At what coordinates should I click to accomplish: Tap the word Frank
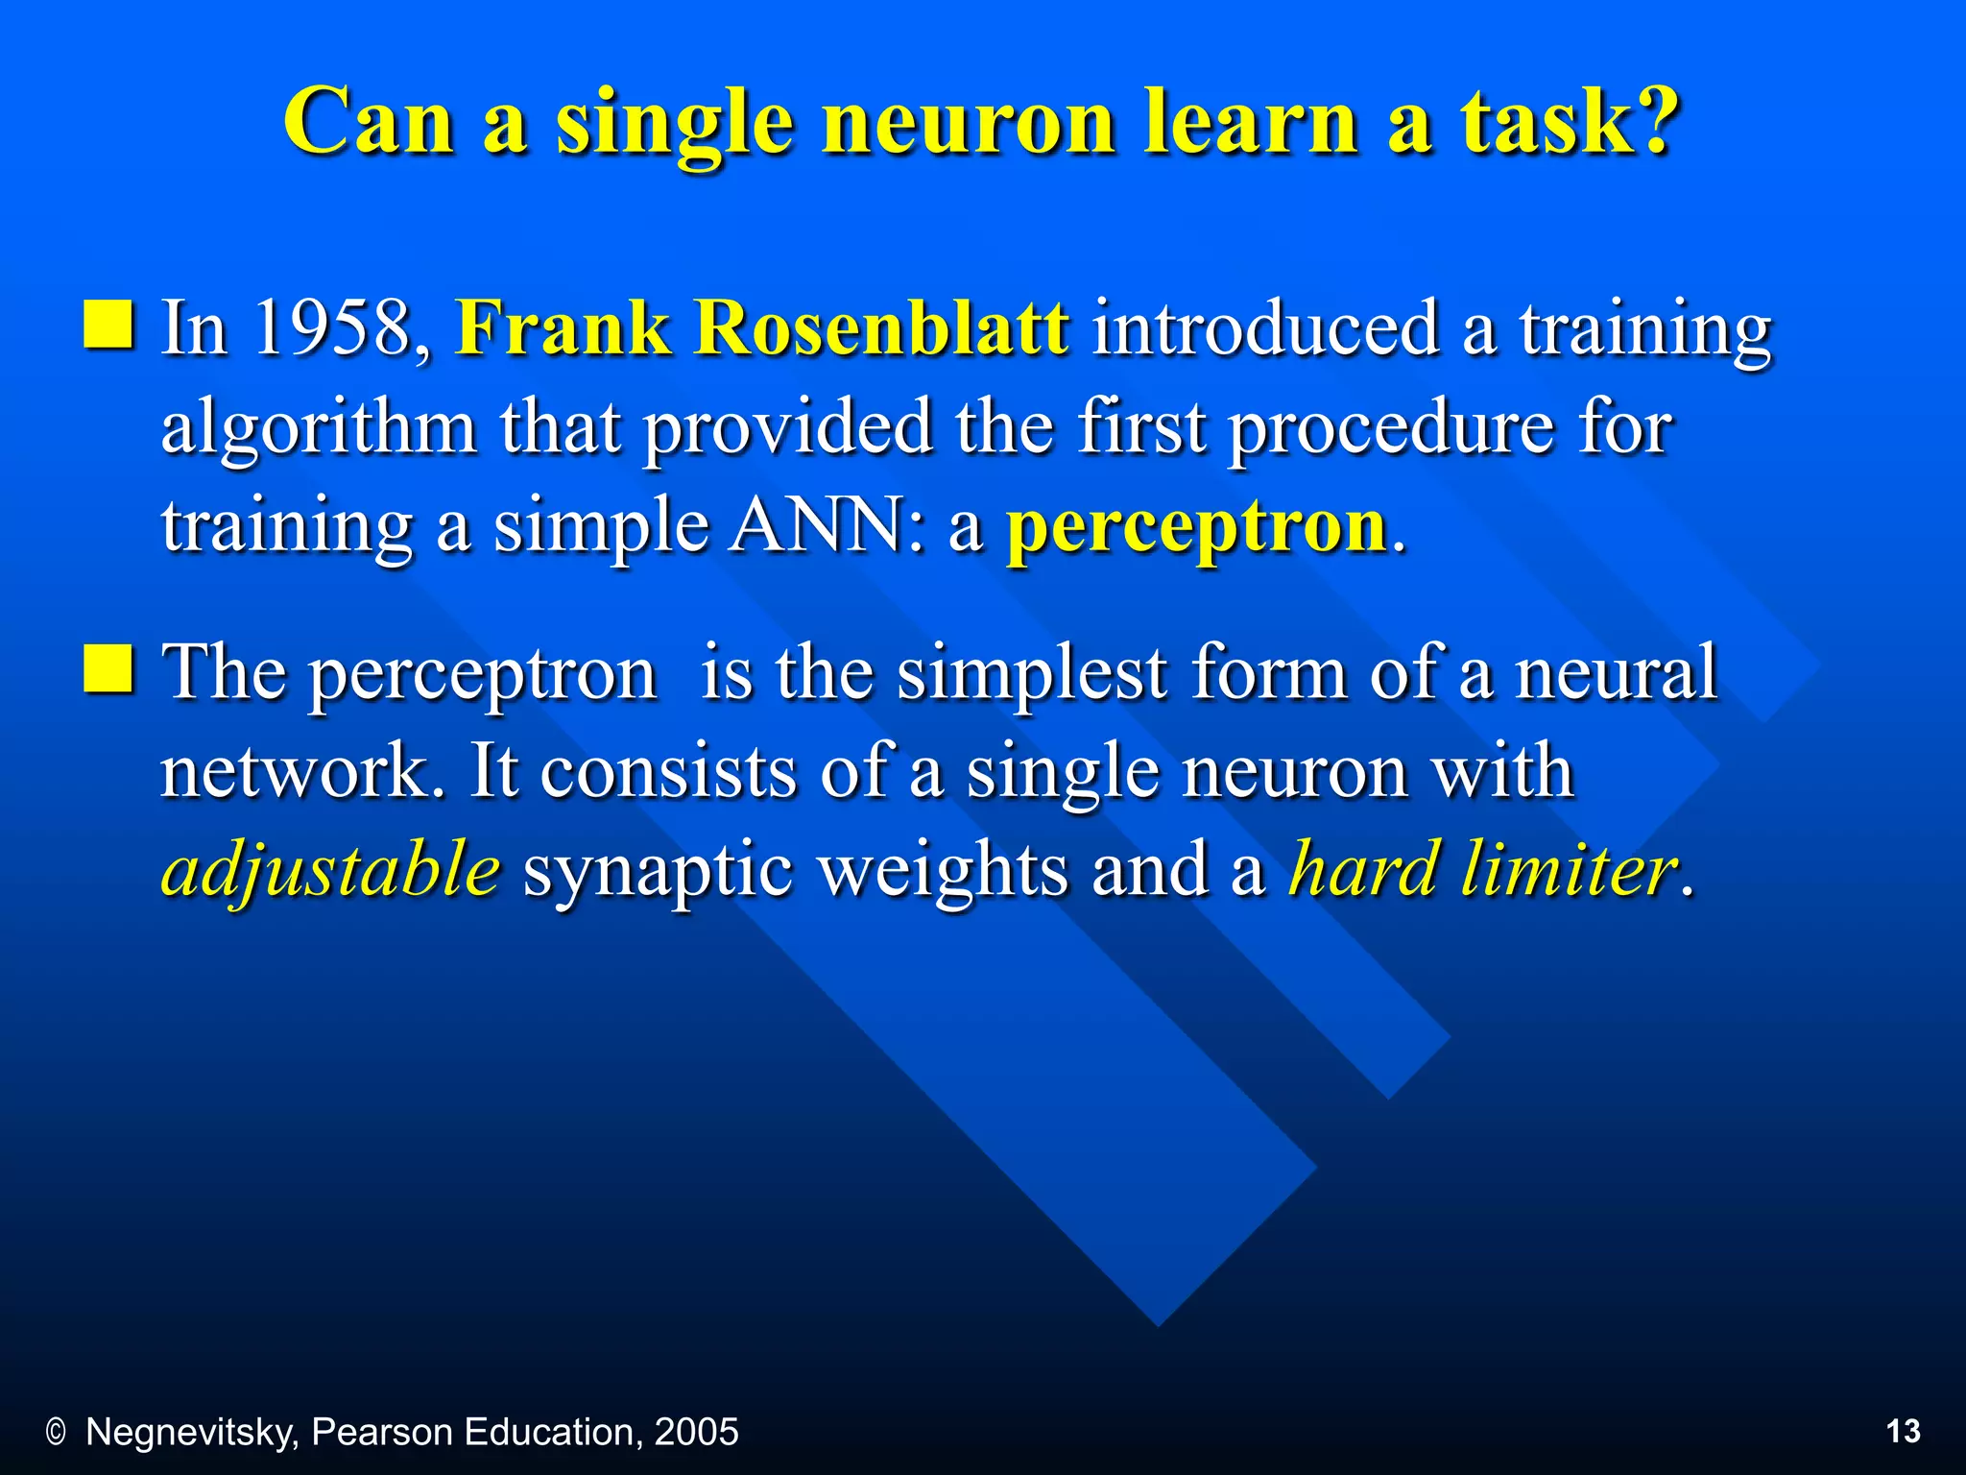point(563,328)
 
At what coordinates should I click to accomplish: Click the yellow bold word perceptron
point(1196,527)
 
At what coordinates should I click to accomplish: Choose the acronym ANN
point(816,527)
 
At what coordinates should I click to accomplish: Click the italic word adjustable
point(330,870)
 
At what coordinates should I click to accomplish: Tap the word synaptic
point(658,870)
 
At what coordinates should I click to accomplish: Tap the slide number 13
point(1903,1432)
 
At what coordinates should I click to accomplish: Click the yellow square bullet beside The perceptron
point(108,668)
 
